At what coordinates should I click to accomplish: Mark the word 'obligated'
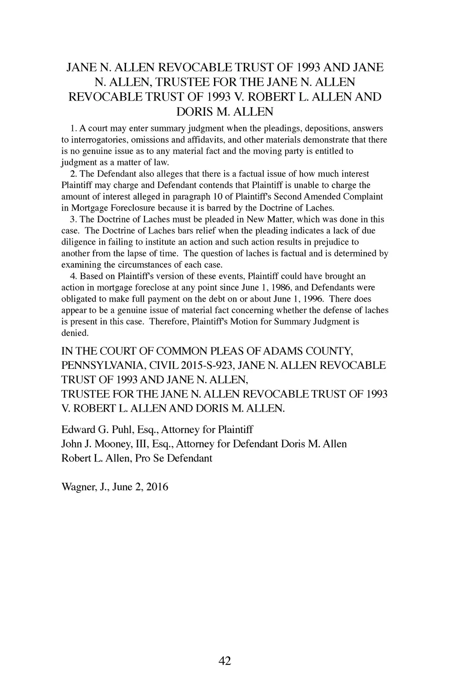tap(79, 299)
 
